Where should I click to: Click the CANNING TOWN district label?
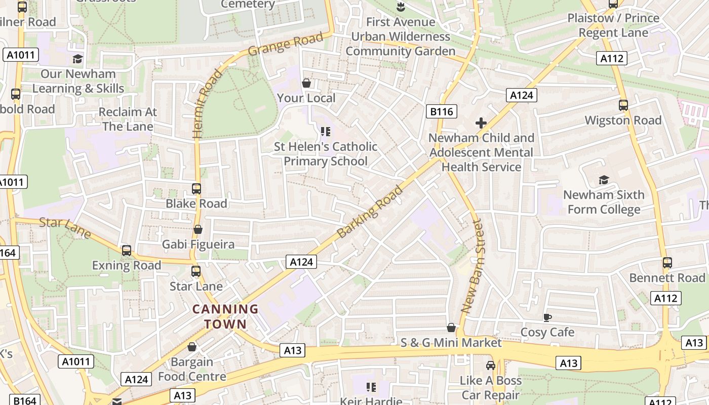pyautogui.click(x=225, y=316)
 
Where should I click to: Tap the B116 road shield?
pyautogui.click(x=442, y=111)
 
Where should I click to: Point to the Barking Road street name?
pyautogui.click(x=370, y=212)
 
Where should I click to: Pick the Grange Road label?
pyautogui.click(x=286, y=45)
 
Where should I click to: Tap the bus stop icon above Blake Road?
pyautogui.click(x=196, y=189)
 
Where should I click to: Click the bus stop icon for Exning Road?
pyautogui.click(x=127, y=251)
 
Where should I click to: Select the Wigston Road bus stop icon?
pyautogui.click(x=623, y=105)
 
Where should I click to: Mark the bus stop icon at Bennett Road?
pyautogui.click(x=667, y=263)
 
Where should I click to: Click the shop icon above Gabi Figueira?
pyautogui.click(x=198, y=230)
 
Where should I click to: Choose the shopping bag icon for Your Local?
pyautogui.click(x=306, y=83)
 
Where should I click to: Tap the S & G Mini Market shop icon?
pyautogui.click(x=451, y=328)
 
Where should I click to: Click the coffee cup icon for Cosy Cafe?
pyautogui.click(x=547, y=317)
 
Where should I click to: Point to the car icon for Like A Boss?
pyautogui.click(x=490, y=366)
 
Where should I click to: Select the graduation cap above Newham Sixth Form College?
pyautogui.click(x=604, y=180)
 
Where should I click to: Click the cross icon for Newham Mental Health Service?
pyautogui.click(x=481, y=123)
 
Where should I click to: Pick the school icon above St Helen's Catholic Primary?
pyautogui.click(x=326, y=132)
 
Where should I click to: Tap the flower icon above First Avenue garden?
pyautogui.click(x=401, y=7)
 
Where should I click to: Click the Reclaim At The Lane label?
pyautogui.click(x=128, y=119)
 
